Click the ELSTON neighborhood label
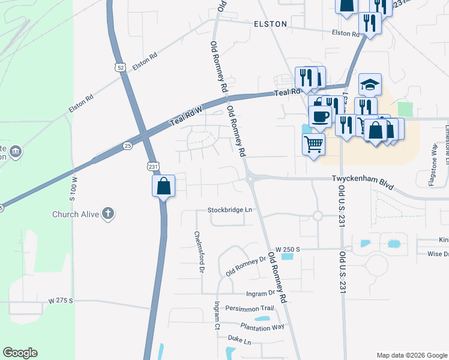(270, 24)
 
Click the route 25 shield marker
(127, 145)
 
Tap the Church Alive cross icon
(107, 214)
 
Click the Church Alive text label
(76, 214)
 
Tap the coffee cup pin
(320, 115)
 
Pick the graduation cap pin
(370, 84)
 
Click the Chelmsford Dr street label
(197, 251)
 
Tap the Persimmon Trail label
(249, 308)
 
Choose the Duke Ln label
(239, 340)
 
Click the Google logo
(20, 353)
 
